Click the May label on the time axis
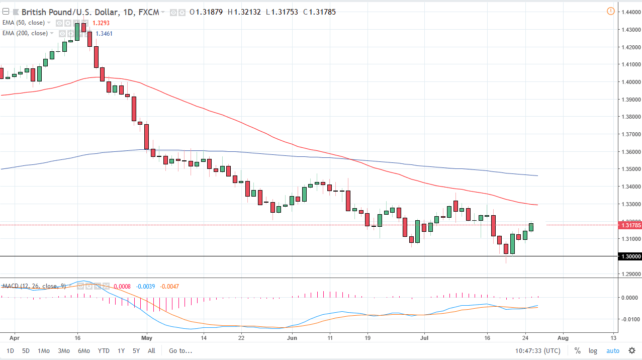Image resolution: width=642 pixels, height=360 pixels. click(147, 338)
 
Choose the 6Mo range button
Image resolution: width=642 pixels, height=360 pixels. click(84, 351)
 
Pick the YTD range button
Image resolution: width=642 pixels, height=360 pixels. click(104, 351)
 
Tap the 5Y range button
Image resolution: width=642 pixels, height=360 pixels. click(136, 351)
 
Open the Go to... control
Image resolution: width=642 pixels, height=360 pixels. click(180, 351)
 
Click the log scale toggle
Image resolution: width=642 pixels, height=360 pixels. click(593, 351)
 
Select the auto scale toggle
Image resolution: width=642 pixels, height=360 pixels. click(613, 351)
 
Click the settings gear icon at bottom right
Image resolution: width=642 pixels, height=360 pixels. click(632, 351)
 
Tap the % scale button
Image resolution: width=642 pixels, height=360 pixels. click(578, 351)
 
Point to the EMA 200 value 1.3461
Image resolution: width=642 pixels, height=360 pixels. click(104, 34)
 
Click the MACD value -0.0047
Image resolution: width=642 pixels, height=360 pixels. click(169, 287)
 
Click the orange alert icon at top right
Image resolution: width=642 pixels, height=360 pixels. click(610, 11)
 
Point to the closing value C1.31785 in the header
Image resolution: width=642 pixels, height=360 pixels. click(319, 12)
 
